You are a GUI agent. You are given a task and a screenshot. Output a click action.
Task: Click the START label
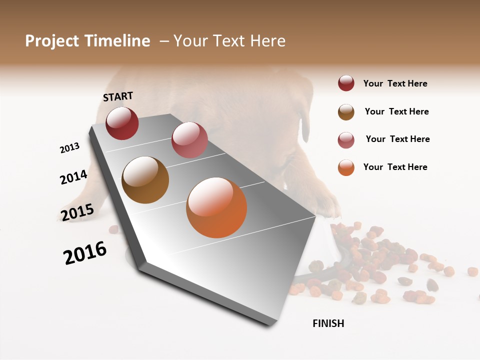(118, 96)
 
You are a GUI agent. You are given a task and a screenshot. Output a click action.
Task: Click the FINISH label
(328, 323)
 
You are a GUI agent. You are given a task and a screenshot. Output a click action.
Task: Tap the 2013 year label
(69, 148)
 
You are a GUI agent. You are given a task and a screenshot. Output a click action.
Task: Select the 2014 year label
(73, 177)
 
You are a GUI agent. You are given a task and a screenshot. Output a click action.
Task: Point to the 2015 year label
(77, 212)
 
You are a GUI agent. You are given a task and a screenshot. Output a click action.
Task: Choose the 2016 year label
(85, 252)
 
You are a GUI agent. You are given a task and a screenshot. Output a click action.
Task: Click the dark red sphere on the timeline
(122, 123)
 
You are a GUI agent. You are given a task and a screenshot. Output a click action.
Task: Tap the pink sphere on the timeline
(189, 140)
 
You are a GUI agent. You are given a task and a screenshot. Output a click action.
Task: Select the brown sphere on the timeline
(145, 180)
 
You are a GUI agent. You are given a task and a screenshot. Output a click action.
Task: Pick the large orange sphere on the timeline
(216, 207)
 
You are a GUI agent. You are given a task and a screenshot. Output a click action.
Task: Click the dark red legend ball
(346, 83)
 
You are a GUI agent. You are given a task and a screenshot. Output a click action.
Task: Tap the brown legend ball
(346, 112)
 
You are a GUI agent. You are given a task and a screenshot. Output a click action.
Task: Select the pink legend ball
(346, 140)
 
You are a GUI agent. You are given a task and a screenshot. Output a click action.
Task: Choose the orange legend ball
(346, 167)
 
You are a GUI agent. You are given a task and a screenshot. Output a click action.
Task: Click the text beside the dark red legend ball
(395, 83)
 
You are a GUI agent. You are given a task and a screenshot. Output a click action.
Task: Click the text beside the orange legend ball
(395, 167)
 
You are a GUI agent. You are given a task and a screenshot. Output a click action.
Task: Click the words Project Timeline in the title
(87, 41)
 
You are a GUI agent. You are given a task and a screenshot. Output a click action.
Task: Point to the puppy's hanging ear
(305, 125)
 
